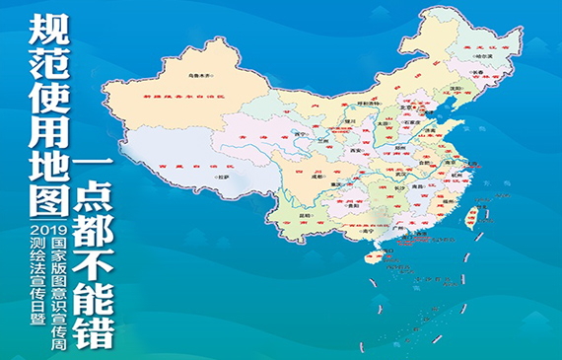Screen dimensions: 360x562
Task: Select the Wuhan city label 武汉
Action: (x=402, y=176)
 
